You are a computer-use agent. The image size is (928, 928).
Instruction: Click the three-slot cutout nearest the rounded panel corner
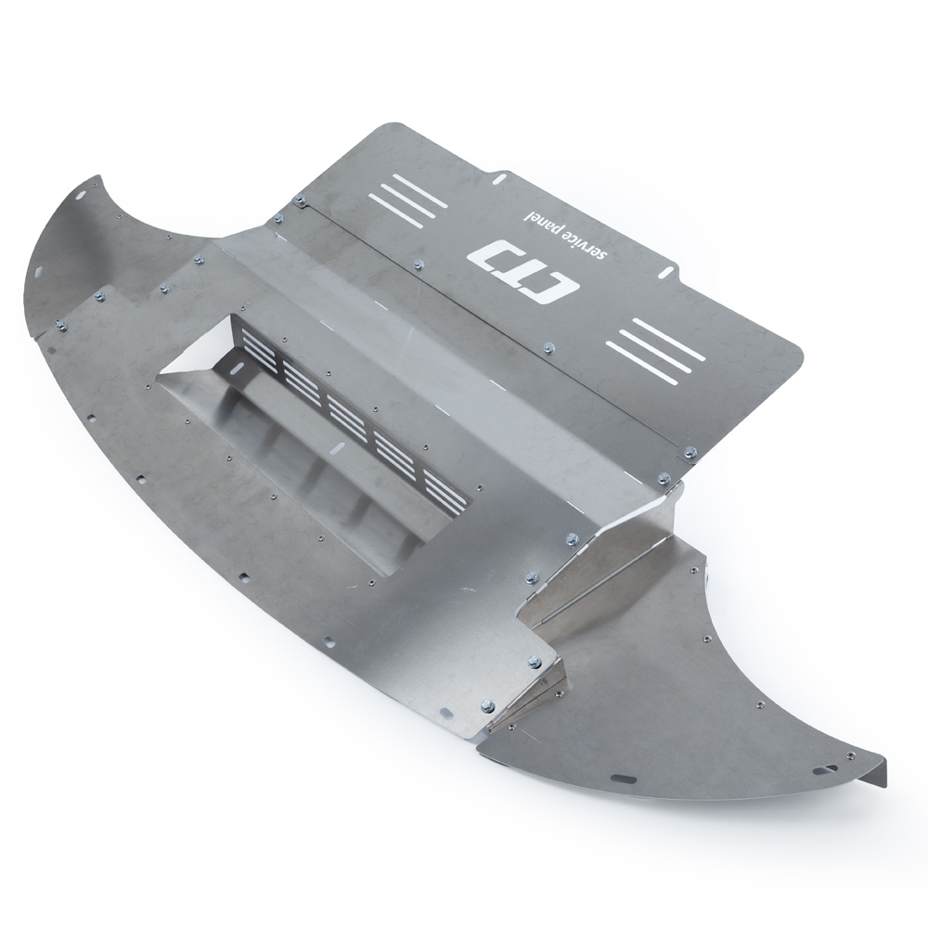tap(655, 349)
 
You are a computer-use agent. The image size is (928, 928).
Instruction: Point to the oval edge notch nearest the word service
tap(664, 269)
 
